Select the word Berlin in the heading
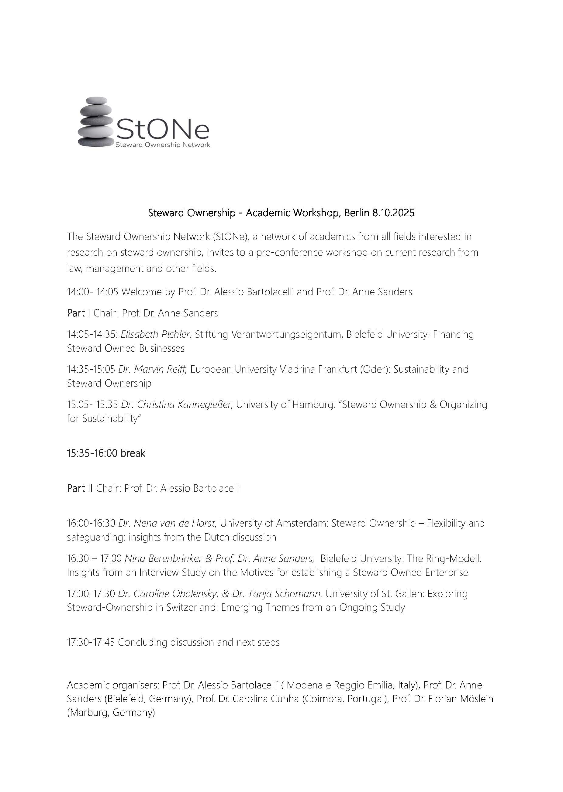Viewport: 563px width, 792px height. coord(356,213)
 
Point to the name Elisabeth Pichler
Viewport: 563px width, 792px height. coord(155,334)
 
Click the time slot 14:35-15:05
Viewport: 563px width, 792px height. coord(91,369)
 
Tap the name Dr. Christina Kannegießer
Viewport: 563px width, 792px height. coord(176,405)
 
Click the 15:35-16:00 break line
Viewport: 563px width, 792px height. coord(106,453)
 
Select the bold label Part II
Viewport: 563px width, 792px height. coord(80,488)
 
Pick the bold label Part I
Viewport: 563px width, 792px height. coord(78,313)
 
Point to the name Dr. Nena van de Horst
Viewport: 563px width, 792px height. coord(167,523)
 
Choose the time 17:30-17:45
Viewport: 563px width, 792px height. coord(91,642)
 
